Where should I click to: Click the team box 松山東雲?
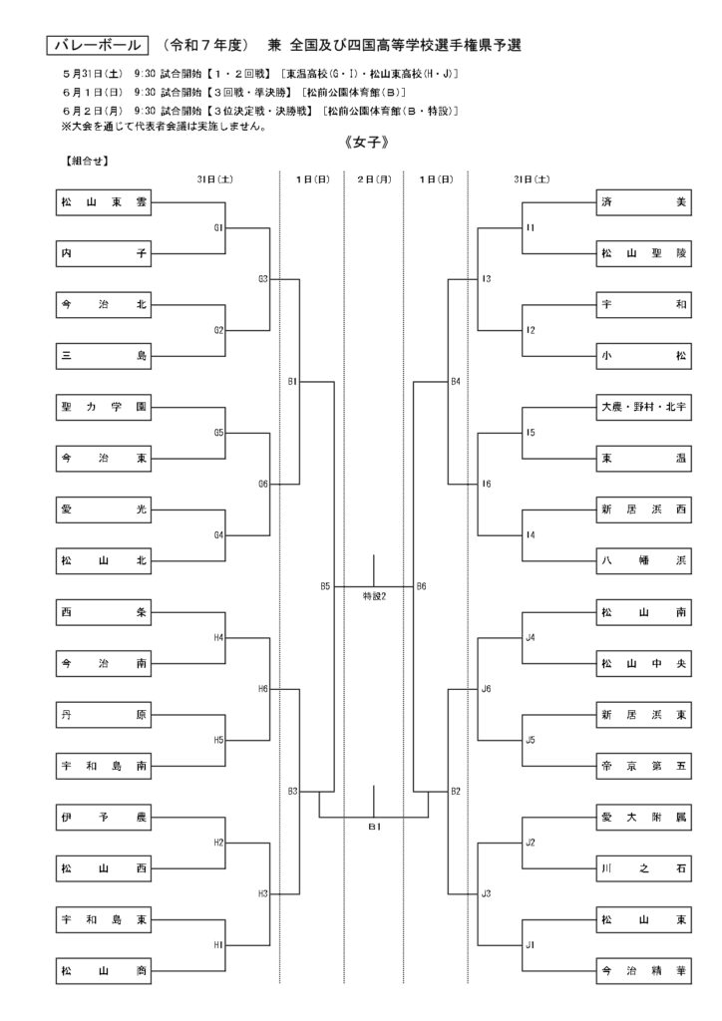point(104,201)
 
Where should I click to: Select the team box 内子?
point(104,253)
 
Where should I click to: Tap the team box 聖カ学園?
point(104,407)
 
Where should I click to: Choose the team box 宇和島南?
point(104,766)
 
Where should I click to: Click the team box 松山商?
point(104,971)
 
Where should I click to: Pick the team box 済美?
point(644,201)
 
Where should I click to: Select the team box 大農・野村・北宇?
point(644,407)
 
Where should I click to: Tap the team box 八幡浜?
point(644,560)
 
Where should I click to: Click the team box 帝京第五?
point(644,766)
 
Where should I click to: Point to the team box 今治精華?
point(644,971)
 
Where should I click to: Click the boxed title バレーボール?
point(98,45)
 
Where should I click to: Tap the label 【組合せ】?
point(86,161)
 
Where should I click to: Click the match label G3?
point(263,279)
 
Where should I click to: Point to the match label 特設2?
point(374,596)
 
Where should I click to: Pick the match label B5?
point(325,586)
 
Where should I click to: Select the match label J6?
point(487,688)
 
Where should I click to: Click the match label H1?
point(218,945)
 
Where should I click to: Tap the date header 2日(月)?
point(374,179)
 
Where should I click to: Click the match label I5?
point(531,433)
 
